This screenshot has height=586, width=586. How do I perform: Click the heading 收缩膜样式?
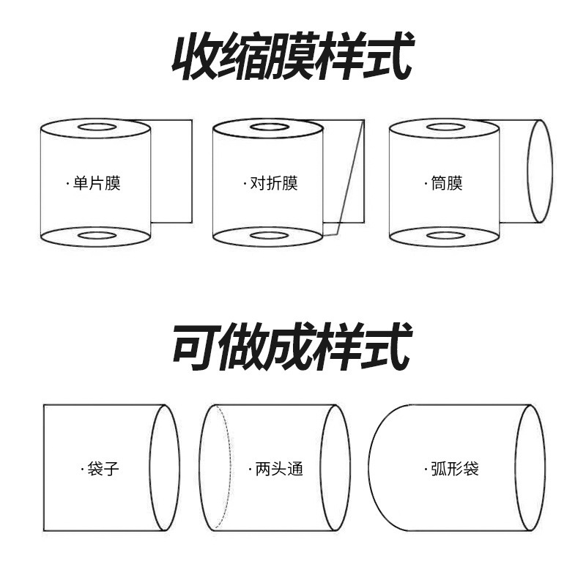tap(292, 56)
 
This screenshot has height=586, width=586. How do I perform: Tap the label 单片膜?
tap(96, 183)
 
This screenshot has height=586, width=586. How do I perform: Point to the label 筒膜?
tap(446, 183)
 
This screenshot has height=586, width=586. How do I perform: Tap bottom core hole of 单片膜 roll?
tap(97, 236)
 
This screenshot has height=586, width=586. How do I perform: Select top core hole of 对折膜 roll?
tap(269, 127)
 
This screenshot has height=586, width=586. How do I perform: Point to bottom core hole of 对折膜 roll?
tap(269, 236)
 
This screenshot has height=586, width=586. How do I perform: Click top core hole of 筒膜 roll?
tap(445, 127)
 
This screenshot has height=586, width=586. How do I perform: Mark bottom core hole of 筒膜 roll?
tap(445, 236)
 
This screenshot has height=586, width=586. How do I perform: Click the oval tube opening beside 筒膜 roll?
tap(540, 171)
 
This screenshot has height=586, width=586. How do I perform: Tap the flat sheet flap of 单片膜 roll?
tap(172, 171)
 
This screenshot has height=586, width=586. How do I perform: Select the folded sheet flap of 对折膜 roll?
tap(346, 172)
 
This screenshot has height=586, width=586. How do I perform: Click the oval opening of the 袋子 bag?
tap(165, 467)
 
